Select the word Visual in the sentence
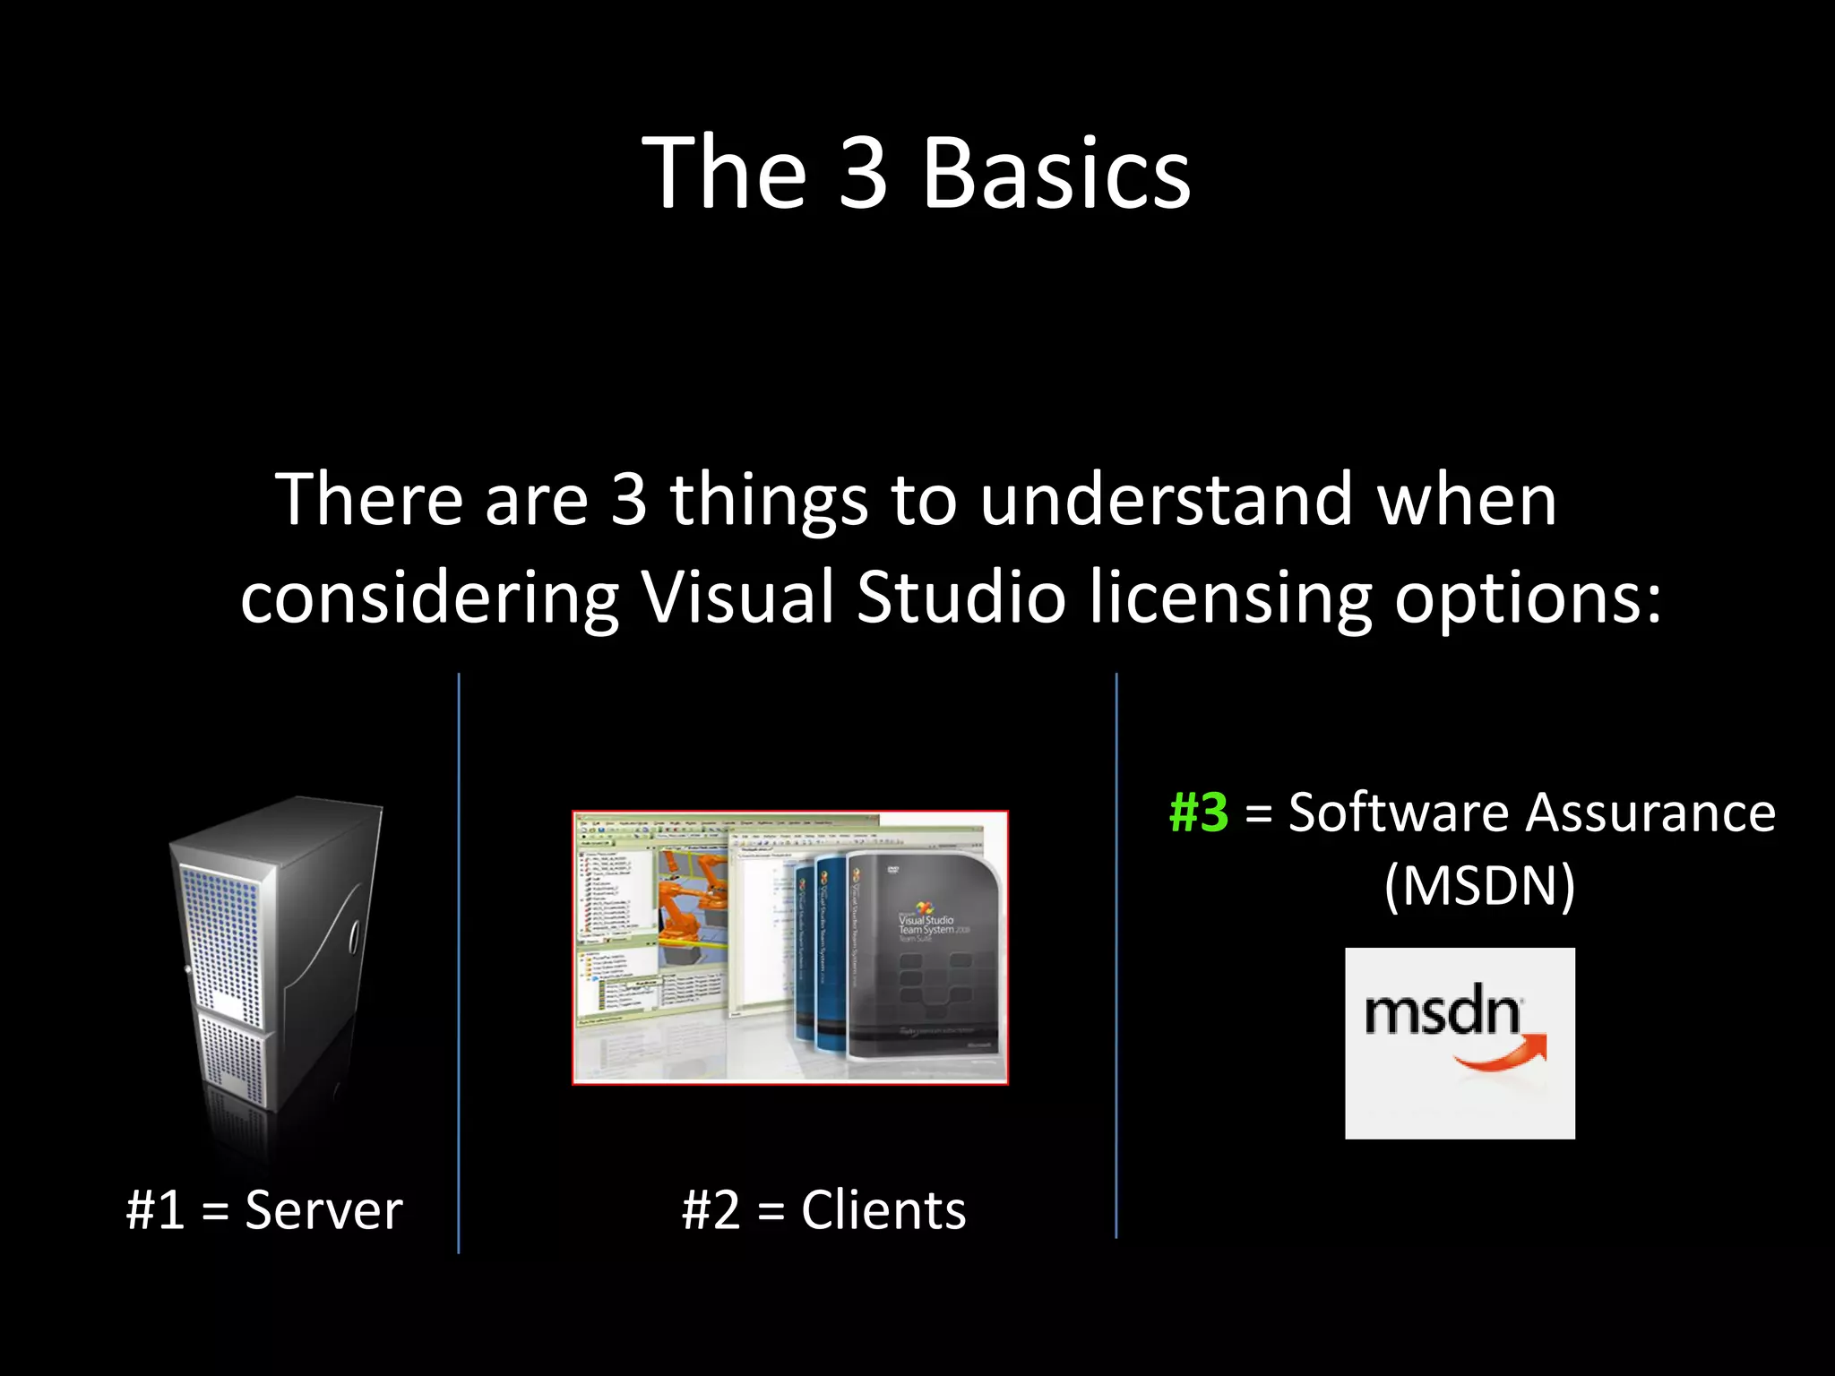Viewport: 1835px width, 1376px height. [737, 597]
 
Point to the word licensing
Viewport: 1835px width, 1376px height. [1229, 598]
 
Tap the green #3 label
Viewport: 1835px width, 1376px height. [1198, 813]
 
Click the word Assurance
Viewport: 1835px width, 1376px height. [1650, 813]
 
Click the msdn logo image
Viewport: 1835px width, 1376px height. [1460, 1043]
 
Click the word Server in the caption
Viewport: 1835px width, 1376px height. [323, 1209]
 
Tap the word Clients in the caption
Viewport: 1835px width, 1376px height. [883, 1209]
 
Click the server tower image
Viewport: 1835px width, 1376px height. [273, 959]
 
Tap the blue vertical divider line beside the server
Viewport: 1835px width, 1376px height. [459, 963]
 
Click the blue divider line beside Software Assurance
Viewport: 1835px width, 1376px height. [1116, 955]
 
